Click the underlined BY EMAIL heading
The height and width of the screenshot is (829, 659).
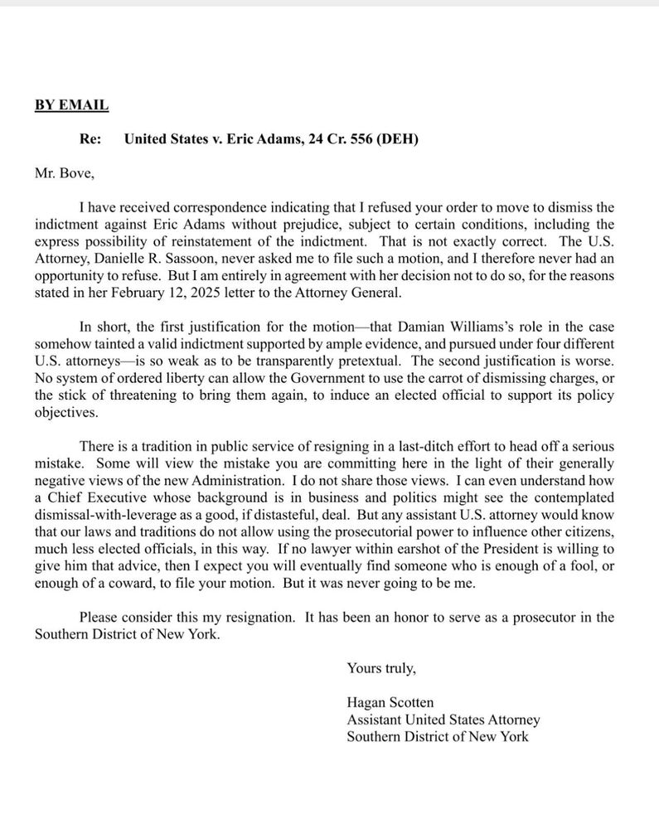tap(71, 105)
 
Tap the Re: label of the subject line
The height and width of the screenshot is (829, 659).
tap(90, 139)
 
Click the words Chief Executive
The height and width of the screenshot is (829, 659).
tap(94, 497)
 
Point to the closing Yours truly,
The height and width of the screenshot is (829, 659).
tap(381, 667)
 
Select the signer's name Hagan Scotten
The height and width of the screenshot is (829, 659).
tap(390, 702)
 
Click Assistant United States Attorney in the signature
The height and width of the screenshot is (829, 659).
tap(443, 719)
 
